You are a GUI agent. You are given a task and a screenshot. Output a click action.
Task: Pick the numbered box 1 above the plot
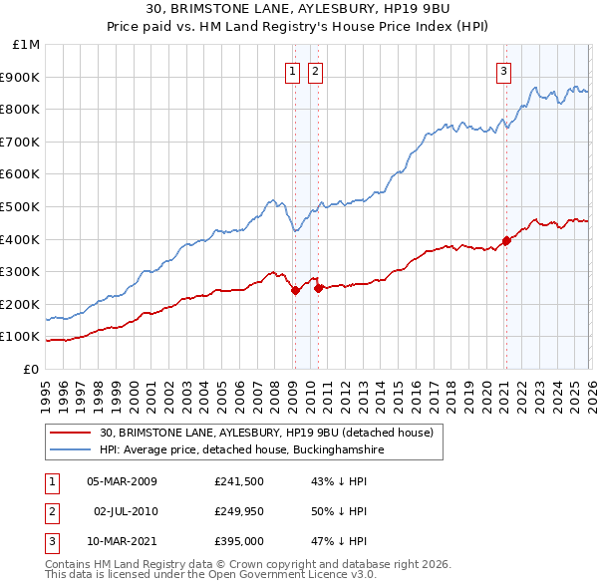pos(293,71)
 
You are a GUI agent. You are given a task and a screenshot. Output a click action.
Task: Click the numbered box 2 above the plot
pos(315,71)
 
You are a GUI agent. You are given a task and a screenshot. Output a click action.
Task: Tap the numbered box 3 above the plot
pos(504,71)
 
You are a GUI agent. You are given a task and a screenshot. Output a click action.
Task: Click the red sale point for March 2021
pos(506,240)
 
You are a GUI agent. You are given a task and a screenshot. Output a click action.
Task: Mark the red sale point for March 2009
pos(295,291)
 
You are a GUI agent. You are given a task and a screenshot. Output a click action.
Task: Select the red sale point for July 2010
pos(318,288)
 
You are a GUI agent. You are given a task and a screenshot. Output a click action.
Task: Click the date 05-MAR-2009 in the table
pos(122,481)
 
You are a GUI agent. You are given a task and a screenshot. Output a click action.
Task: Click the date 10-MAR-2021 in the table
pos(122,541)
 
